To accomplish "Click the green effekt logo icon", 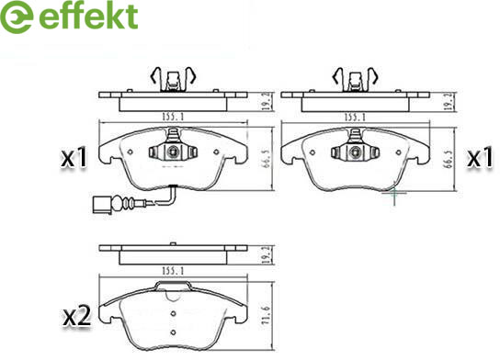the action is click(17, 17).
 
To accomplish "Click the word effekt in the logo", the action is click(88, 16).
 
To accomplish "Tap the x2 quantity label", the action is click(76, 316).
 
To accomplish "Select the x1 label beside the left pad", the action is click(74, 157).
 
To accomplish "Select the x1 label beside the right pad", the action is click(480, 157).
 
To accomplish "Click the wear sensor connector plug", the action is click(102, 204).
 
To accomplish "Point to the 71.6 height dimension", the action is click(267, 315).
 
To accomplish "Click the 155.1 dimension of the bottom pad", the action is click(173, 271).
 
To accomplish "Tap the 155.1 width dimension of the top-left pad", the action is click(173, 117).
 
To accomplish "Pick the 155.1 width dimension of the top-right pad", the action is click(355, 118).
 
